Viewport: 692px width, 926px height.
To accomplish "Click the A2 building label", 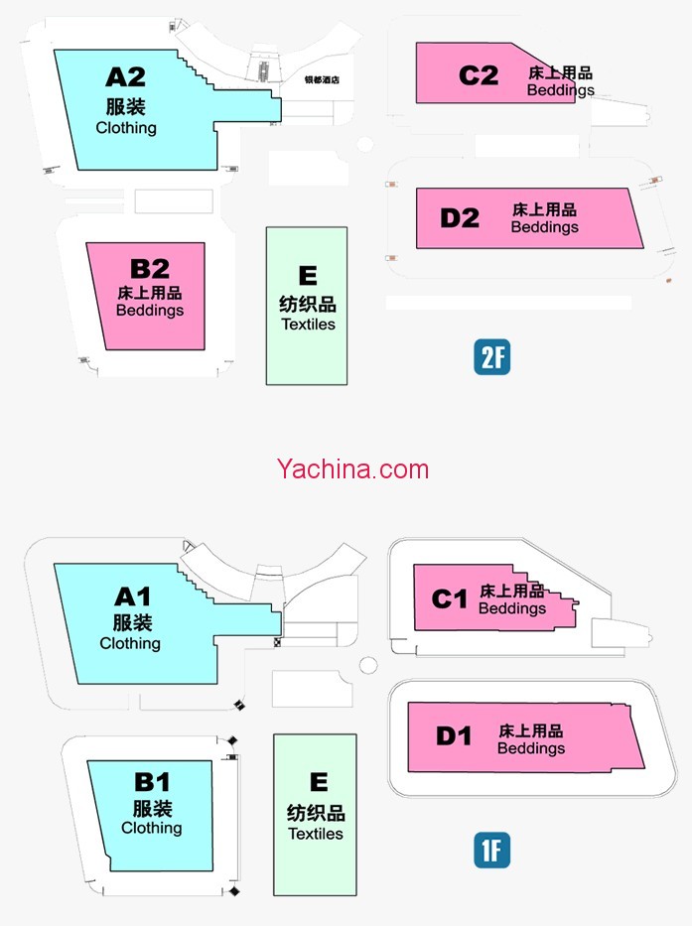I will coord(126,76).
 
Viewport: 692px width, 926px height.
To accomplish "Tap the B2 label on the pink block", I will coord(150,268).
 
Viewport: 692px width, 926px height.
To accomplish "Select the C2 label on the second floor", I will coord(479,75).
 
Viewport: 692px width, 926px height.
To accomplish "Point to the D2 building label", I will coord(460,218).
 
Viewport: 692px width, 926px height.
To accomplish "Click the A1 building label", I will coord(132,596).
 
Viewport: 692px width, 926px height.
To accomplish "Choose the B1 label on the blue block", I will coord(152,782).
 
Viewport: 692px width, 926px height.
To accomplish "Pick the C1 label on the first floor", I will coord(450,598).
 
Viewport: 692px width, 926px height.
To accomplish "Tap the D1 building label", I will coord(454,736).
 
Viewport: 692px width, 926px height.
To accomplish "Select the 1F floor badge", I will coord(491,851).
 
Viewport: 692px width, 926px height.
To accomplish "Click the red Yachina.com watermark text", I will coord(353,468).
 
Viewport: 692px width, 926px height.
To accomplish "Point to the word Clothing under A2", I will coord(126,128).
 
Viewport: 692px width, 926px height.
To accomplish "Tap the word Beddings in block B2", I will coord(150,311).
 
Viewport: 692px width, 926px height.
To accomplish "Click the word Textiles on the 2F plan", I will coord(308,325).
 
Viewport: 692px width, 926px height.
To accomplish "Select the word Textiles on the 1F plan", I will coord(316,835).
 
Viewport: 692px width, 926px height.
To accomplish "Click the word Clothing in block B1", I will coord(152,828).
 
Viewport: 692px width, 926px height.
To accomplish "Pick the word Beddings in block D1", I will coord(531,748).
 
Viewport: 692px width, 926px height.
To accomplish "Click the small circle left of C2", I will coord(364,145).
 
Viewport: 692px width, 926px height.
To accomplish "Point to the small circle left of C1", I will coord(368,665).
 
